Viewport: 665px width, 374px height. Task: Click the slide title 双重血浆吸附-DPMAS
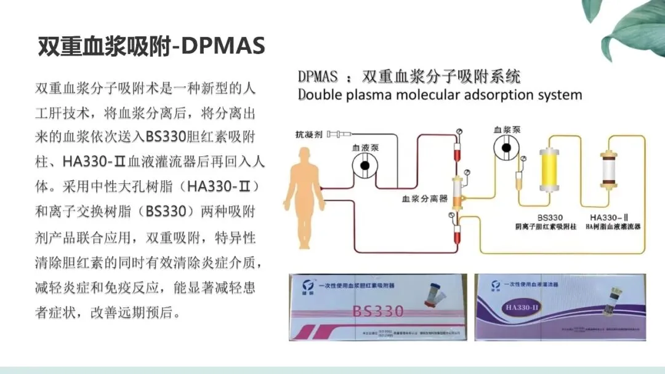pyautogui.click(x=151, y=46)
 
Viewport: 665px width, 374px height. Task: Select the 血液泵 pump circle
pyautogui.click(x=365, y=166)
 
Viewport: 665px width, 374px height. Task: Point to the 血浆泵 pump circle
pyautogui.click(x=510, y=148)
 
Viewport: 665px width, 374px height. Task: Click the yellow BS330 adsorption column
pyautogui.click(x=548, y=169)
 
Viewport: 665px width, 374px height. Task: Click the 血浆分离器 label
pyautogui.click(x=424, y=199)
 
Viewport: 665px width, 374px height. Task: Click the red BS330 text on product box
pyautogui.click(x=378, y=311)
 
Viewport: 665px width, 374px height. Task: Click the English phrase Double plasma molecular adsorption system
pyautogui.click(x=440, y=95)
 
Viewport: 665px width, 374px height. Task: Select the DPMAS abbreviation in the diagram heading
pyautogui.click(x=318, y=77)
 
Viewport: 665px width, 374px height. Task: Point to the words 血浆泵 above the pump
pyautogui.click(x=507, y=130)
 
